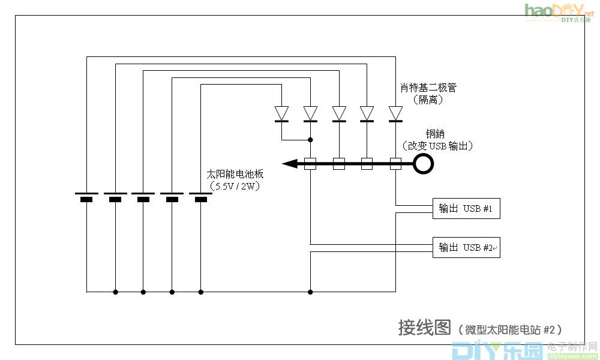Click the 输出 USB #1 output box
coord(466,209)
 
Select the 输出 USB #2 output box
coord(466,247)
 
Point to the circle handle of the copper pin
coord(424,163)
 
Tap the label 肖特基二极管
coord(428,88)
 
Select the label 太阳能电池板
coord(235,175)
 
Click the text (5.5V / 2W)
coord(235,187)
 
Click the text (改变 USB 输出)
coord(437,146)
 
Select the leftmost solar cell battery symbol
coord(86,197)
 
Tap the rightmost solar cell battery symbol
coord(200,197)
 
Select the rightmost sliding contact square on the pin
coord(395,163)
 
